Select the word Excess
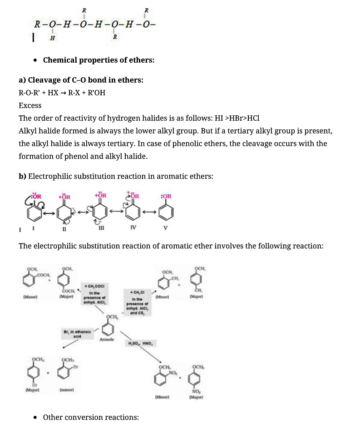[x=30, y=105]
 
